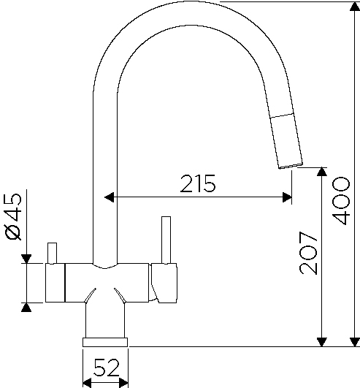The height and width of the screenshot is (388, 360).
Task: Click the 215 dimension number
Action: click(x=198, y=183)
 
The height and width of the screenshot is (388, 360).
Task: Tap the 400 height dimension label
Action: click(x=341, y=201)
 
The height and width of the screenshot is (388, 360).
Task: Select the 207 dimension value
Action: click(x=308, y=253)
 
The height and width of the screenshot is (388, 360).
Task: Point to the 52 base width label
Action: click(x=107, y=368)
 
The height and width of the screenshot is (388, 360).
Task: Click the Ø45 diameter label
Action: click(x=13, y=217)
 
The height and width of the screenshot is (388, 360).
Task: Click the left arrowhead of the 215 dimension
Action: click(x=109, y=197)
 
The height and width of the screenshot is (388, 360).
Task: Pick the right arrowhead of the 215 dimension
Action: click(x=287, y=197)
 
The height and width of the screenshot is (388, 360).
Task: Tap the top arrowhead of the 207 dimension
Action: click(x=322, y=172)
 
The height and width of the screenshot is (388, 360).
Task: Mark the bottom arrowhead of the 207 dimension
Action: click(x=322, y=342)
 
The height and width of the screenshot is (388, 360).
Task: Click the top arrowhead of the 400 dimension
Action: click(x=355, y=7)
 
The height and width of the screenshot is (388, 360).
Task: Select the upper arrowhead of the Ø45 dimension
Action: click(x=26, y=259)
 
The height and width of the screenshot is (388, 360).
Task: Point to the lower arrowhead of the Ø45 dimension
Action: click(x=26, y=308)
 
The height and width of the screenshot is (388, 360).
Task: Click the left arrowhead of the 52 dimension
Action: click(x=87, y=383)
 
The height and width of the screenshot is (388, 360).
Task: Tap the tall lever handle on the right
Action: click(x=166, y=240)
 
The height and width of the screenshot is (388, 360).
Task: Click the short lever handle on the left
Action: click(x=52, y=253)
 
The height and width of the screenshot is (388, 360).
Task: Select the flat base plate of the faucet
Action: click(x=105, y=342)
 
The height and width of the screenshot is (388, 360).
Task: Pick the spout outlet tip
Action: click(x=291, y=166)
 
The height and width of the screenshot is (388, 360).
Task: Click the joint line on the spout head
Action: click(x=282, y=115)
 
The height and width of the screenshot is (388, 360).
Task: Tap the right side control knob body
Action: click(x=164, y=283)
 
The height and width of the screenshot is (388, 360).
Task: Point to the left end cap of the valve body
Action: click(x=55, y=283)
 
